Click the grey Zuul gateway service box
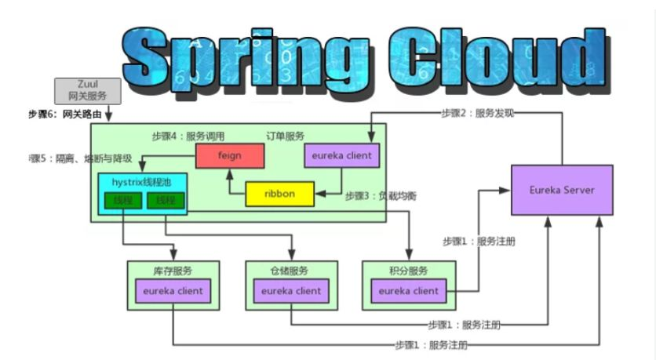pyautogui.click(x=87, y=91)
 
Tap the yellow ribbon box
pyautogui.click(x=279, y=194)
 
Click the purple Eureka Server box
pyautogui.click(x=561, y=190)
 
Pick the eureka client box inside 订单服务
pyautogui.click(x=341, y=155)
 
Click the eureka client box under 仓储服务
pyautogui.click(x=291, y=291)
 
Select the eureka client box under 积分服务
pyautogui.click(x=409, y=291)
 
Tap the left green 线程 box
pyautogui.click(x=124, y=201)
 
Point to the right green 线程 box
pyautogui.click(x=165, y=201)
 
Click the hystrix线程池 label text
pyautogui.click(x=142, y=182)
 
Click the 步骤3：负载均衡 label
pyautogui.click(x=381, y=195)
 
